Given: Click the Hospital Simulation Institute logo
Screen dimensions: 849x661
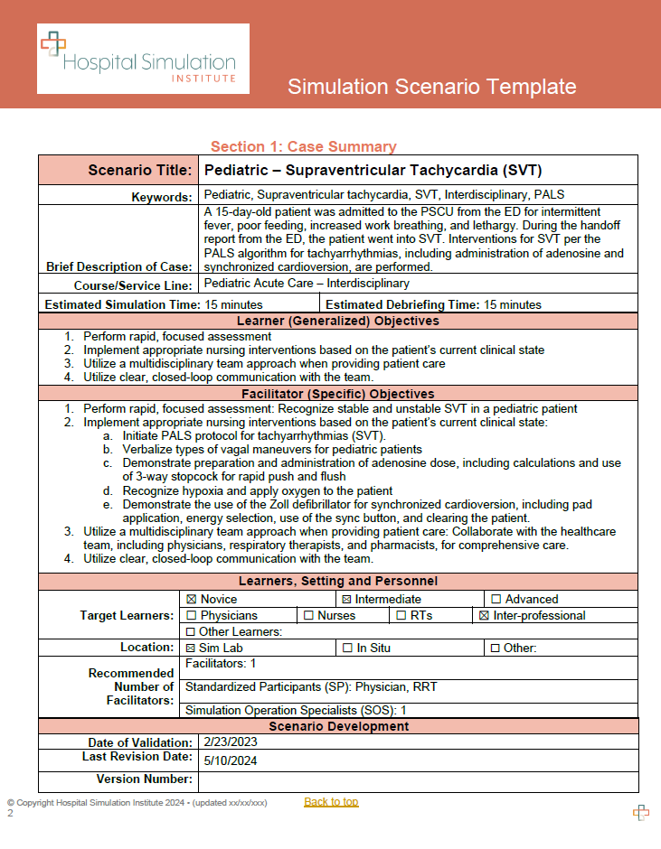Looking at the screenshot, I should point(143,59).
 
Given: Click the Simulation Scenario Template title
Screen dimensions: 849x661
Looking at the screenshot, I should point(431,87).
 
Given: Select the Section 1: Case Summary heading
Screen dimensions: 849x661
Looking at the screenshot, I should point(303,147).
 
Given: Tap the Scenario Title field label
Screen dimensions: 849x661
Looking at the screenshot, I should point(140,170).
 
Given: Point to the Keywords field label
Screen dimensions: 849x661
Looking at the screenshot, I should point(162,196).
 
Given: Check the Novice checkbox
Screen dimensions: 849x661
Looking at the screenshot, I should point(192,599).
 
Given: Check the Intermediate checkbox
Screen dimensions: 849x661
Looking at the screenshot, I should point(345,599).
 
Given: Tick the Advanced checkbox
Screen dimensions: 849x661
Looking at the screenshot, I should point(496,599).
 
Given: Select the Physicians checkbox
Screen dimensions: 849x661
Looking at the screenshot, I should point(192,615).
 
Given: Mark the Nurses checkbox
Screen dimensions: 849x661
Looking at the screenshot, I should point(309,615).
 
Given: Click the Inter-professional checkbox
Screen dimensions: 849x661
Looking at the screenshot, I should point(483,615).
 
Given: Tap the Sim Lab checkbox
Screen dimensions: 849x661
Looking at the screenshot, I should point(190,648).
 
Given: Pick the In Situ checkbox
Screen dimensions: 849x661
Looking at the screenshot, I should point(348,648).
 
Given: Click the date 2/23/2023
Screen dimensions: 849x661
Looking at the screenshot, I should point(231,743).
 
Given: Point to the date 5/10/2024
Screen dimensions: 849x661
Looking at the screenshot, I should point(231,760).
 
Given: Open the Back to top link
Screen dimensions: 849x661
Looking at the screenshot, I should point(331,802).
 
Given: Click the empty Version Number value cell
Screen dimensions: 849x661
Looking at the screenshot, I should point(418,780).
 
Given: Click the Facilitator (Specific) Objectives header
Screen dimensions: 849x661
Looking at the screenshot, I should point(337,394).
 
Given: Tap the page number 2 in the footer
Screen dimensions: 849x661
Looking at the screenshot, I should point(11,813).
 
